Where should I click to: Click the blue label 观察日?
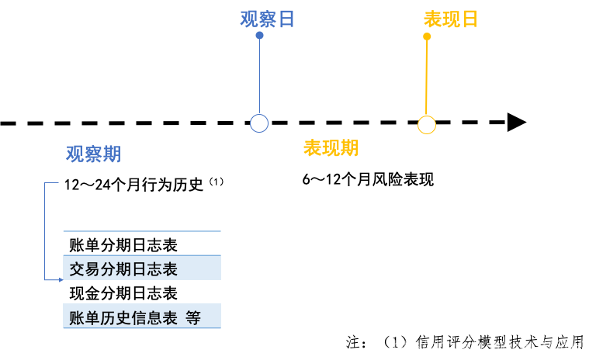(268, 19)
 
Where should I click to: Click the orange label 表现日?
(450, 19)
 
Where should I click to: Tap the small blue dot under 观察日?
(259, 36)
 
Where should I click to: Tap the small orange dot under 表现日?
(427, 36)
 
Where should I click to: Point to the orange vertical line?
(426, 78)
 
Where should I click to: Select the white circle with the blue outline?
(259, 123)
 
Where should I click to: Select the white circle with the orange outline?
(427, 125)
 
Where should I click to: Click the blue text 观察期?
(93, 154)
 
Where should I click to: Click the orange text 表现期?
(331, 148)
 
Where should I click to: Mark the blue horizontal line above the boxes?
(142, 231)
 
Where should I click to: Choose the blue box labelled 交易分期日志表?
(142, 268)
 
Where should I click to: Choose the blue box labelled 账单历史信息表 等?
(142, 317)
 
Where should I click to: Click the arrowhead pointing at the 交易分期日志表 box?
(61, 279)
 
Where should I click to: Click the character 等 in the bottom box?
(193, 317)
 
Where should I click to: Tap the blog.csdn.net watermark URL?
(494, 345)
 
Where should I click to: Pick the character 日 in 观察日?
(286, 19)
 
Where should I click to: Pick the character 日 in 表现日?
(469, 19)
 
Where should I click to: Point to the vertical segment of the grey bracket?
(45, 231)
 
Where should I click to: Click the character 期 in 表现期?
(349, 148)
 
